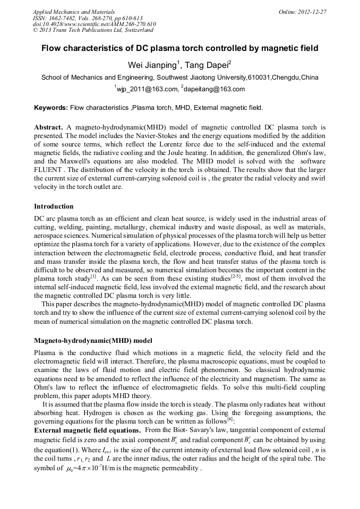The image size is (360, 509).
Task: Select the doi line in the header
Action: click(x=95, y=24)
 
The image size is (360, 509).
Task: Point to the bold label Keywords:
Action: click(x=51, y=108)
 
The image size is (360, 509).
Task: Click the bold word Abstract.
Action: click(x=48, y=127)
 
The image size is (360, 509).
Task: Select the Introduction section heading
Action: click(x=54, y=206)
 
